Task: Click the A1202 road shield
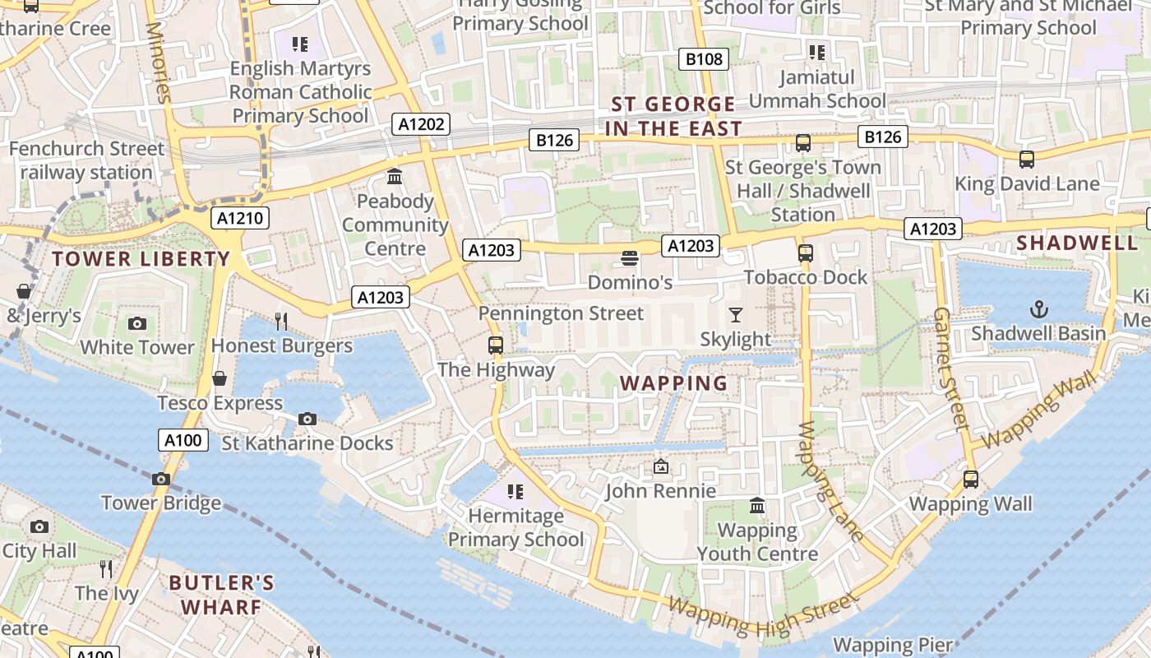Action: (423, 124)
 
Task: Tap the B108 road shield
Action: (705, 58)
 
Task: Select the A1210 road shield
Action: (239, 218)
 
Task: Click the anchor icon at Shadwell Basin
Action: (1039, 309)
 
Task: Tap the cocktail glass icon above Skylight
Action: (735, 315)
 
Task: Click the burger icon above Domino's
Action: (630, 258)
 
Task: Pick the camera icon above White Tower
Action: (137, 323)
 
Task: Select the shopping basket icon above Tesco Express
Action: (220, 378)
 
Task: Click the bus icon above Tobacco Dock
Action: (805, 253)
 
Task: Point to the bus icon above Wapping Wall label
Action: (970, 479)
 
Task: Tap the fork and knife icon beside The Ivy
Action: (106, 568)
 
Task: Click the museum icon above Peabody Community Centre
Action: (395, 177)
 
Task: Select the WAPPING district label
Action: (673, 383)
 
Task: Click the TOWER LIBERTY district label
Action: (141, 259)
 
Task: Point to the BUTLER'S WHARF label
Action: (221, 595)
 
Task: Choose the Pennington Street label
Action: (561, 313)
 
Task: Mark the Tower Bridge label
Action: (161, 503)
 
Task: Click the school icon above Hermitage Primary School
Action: (515, 492)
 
